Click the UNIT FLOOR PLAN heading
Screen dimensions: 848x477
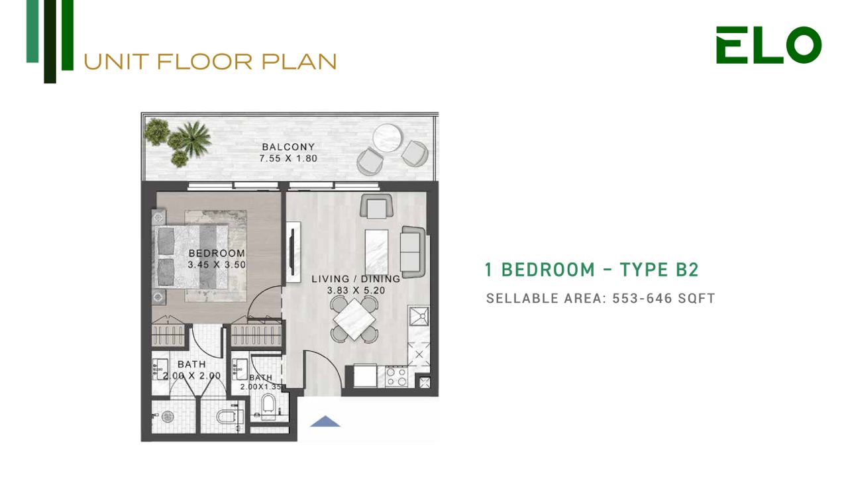click(x=210, y=62)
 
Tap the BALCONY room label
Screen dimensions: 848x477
click(x=288, y=146)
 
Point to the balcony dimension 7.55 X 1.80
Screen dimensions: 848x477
click(x=288, y=158)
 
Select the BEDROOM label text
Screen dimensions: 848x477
click(x=217, y=253)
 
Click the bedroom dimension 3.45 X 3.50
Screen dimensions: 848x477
click(x=217, y=264)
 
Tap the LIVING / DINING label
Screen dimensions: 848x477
click(x=356, y=279)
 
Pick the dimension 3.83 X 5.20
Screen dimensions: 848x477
click(x=356, y=290)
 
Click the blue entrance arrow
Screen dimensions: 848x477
click(x=325, y=421)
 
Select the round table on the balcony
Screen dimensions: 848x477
click(x=388, y=138)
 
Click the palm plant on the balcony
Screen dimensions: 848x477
click(x=193, y=138)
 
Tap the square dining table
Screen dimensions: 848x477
click(x=354, y=319)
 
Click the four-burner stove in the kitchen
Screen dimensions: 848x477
click(x=397, y=377)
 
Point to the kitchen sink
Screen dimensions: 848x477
click(x=419, y=316)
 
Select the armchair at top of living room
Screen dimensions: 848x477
click(x=377, y=206)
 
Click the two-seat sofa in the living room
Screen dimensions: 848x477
click(x=413, y=252)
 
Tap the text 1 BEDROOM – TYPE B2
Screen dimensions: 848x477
click(x=592, y=270)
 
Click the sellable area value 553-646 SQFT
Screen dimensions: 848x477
click(x=664, y=298)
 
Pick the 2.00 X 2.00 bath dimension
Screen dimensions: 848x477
click(x=192, y=376)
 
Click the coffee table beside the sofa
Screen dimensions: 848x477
click(x=377, y=252)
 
